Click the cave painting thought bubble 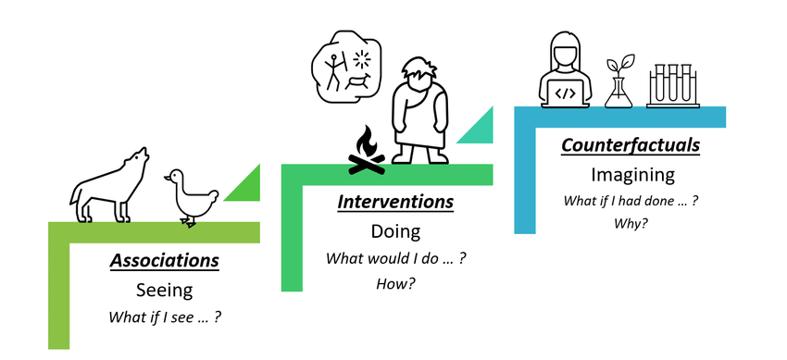347,68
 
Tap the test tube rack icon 673,85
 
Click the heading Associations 165,261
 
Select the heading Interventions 395,202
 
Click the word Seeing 165,291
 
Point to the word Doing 395,231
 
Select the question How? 395,283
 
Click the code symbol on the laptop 565,93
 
